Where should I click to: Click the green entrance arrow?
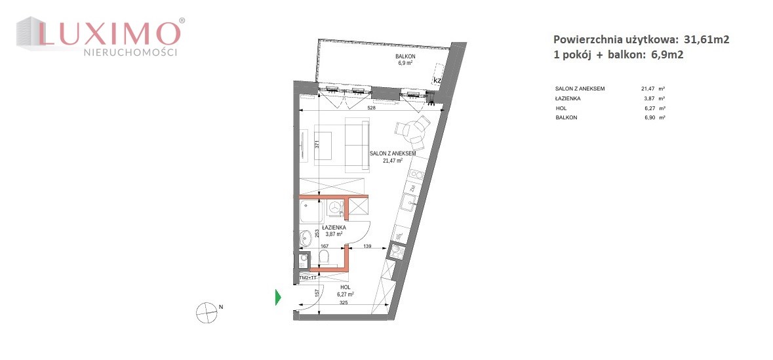(278, 297)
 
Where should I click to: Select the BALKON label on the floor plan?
(405, 56)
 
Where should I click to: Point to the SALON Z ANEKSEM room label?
(393, 153)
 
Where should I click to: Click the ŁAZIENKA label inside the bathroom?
(334, 228)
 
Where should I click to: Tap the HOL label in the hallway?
(345, 287)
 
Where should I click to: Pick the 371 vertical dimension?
(318, 145)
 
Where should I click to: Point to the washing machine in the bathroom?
(335, 207)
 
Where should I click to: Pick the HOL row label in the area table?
(561, 108)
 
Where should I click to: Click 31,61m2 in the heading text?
(706, 40)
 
